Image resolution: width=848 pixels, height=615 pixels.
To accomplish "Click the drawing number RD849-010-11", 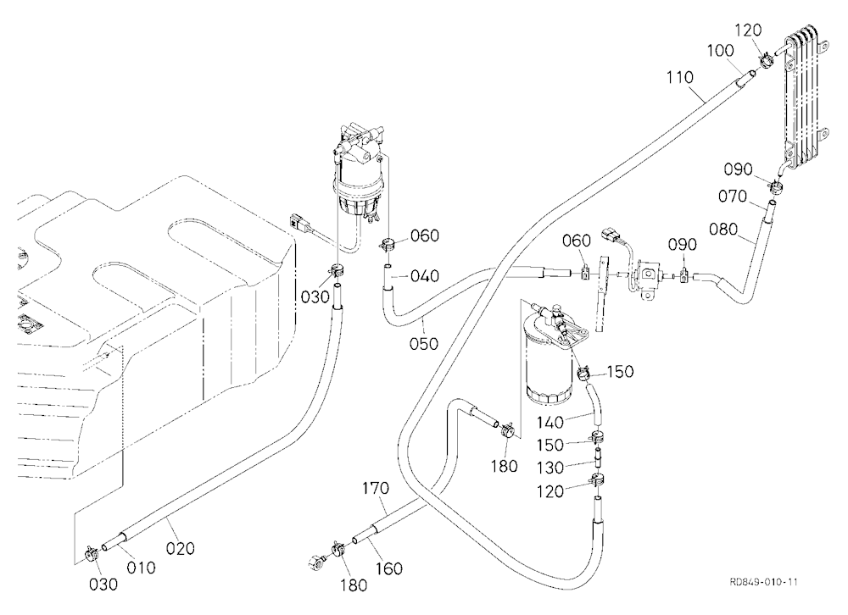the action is [x=763, y=582].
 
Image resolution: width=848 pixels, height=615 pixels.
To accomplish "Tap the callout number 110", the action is [x=680, y=77].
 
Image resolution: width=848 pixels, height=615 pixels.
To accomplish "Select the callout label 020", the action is [x=180, y=549].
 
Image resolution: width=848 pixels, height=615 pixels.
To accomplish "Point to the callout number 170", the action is [x=376, y=488].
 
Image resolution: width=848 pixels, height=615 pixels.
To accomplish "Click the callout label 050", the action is [x=423, y=343].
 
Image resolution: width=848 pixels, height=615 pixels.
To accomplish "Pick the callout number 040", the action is [x=425, y=276].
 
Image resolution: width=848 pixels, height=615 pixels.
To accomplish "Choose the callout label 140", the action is [x=550, y=422].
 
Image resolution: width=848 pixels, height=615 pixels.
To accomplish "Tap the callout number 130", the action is [x=550, y=467].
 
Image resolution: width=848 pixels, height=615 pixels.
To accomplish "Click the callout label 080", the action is [x=723, y=229].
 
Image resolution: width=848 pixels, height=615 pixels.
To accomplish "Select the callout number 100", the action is [x=720, y=51].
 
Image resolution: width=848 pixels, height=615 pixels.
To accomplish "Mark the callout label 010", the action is [x=141, y=568].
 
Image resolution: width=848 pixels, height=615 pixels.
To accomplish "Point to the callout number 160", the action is [x=389, y=568].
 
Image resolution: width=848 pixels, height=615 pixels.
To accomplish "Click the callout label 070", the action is [x=733, y=196].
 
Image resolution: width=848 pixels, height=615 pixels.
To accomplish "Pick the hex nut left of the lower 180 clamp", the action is [x=315, y=562].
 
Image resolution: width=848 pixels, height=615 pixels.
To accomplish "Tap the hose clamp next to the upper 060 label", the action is [x=388, y=244].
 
